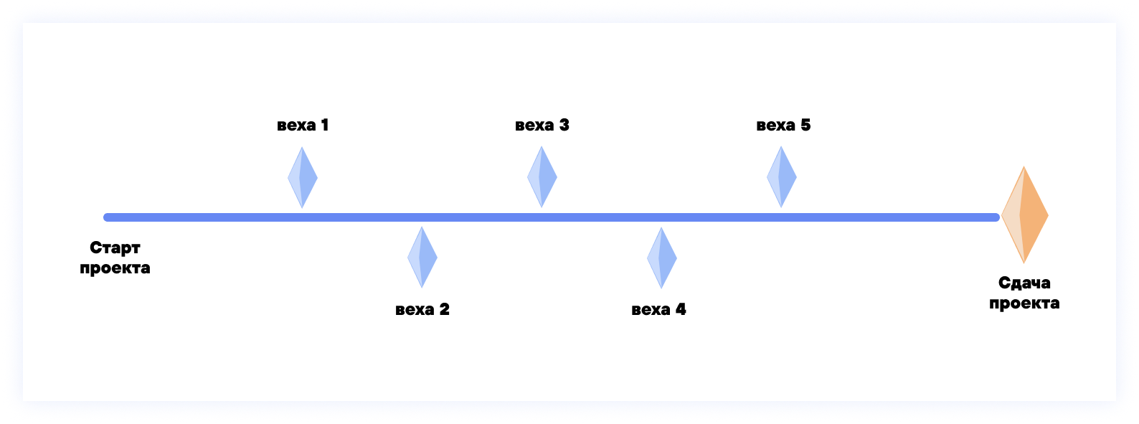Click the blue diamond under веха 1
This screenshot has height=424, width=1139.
(x=303, y=177)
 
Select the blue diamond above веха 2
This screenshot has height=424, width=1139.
(x=422, y=257)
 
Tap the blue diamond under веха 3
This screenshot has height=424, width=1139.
(x=542, y=176)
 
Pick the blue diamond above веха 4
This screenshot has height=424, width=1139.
(x=662, y=258)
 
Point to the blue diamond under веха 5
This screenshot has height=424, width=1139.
(x=782, y=176)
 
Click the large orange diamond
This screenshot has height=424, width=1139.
(x=1025, y=215)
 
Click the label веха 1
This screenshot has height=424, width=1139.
(x=303, y=125)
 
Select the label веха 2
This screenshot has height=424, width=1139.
(x=422, y=309)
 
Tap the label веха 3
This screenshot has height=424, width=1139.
(x=542, y=125)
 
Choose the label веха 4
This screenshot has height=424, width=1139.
(x=658, y=309)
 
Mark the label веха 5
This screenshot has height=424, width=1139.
(x=783, y=125)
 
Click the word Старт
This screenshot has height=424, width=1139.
(x=115, y=248)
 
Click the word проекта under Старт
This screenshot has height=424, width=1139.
(x=115, y=268)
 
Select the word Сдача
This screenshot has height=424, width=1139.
(x=1024, y=283)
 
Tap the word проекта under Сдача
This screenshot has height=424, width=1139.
(x=1024, y=303)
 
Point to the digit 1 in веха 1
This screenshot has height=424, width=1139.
(x=325, y=125)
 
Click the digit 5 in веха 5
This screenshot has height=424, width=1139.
(x=805, y=125)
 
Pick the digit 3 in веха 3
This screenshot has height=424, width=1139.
(x=564, y=125)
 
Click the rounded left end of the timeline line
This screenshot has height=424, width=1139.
(x=108, y=217)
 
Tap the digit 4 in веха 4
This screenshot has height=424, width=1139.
(x=681, y=309)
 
